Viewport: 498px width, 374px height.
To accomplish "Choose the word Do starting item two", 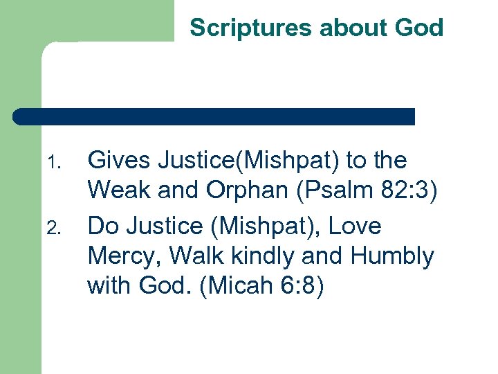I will click(x=102, y=226).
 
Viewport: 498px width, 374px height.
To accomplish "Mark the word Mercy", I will click(x=124, y=257).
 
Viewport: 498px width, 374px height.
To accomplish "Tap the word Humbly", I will click(x=392, y=257).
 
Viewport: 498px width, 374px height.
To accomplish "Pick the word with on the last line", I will click(x=107, y=286).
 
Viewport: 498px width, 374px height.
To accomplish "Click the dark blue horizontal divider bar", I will click(x=214, y=116).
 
